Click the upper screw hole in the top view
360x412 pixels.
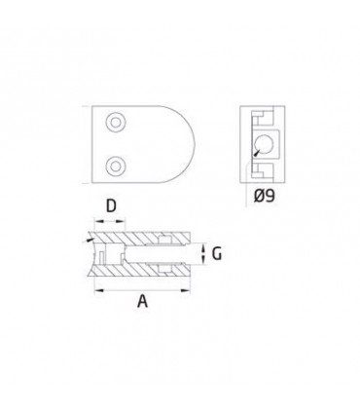(116, 123)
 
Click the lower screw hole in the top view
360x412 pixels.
(116, 167)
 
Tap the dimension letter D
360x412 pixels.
(111, 206)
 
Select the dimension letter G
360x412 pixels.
(217, 253)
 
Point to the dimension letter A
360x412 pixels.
(142, 301)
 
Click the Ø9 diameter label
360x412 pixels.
(264, 196)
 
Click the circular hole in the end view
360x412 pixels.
(265, 144)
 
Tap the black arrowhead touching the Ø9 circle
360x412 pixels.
(257, 152)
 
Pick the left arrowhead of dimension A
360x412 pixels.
(98, 290)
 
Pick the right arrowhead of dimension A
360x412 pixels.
(186, 290)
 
